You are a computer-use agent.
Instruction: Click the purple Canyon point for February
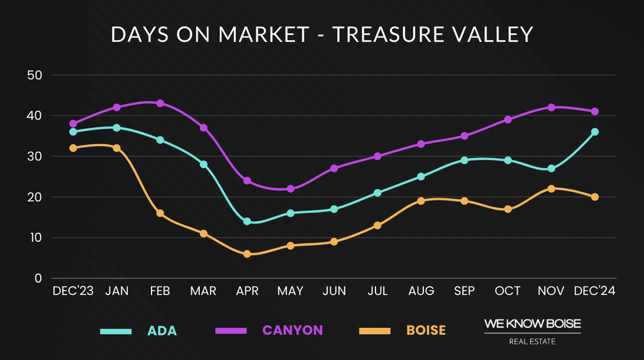click(160, 103)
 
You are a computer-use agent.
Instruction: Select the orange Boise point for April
click(247, 254)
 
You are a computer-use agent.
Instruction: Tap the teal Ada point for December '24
click(594, 132)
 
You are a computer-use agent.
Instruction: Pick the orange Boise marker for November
click(552, 189)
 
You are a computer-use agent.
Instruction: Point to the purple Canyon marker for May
click(291, 189)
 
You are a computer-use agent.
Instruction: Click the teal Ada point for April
click(247, 222)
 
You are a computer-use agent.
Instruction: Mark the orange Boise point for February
click(160, 213)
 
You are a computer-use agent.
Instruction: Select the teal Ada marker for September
click(464, 160)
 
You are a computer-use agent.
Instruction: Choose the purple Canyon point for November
click(552, 108)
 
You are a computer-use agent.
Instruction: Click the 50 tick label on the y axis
click(34, 75)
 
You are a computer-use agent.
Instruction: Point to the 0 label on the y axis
click(38, 278)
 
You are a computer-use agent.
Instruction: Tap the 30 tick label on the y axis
click(34, 156)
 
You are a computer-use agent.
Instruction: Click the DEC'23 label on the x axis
click(73, 291)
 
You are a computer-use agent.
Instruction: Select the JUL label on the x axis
click(377, 291)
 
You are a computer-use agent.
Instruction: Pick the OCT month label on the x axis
click(508, 291)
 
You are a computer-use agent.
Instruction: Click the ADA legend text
click(162, 331)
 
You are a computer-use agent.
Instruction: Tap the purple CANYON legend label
click(292, 330)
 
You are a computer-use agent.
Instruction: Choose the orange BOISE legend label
click(426, 330)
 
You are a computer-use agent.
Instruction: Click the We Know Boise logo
click(532, 331)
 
